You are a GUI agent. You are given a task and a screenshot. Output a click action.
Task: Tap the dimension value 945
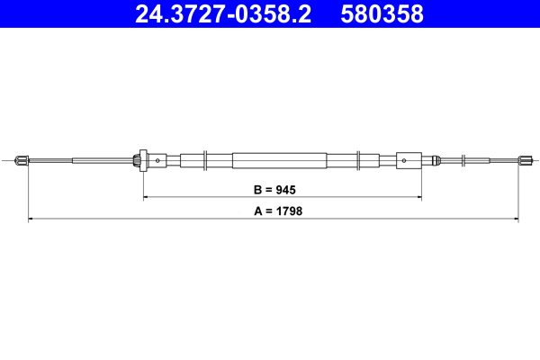[x=285, y=190]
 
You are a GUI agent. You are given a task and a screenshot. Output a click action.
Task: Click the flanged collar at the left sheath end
[x=139, y=161]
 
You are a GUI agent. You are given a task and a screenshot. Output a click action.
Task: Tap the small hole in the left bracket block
[x=157, y=161]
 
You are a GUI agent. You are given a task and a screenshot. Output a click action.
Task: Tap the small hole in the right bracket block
[x=405, y=161]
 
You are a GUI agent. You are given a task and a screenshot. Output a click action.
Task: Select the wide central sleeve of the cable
[x=278, y=161]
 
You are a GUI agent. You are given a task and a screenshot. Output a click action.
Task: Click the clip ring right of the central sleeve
[x=359, y=161]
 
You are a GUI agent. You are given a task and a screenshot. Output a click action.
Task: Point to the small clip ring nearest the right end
[x=464, y=161]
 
